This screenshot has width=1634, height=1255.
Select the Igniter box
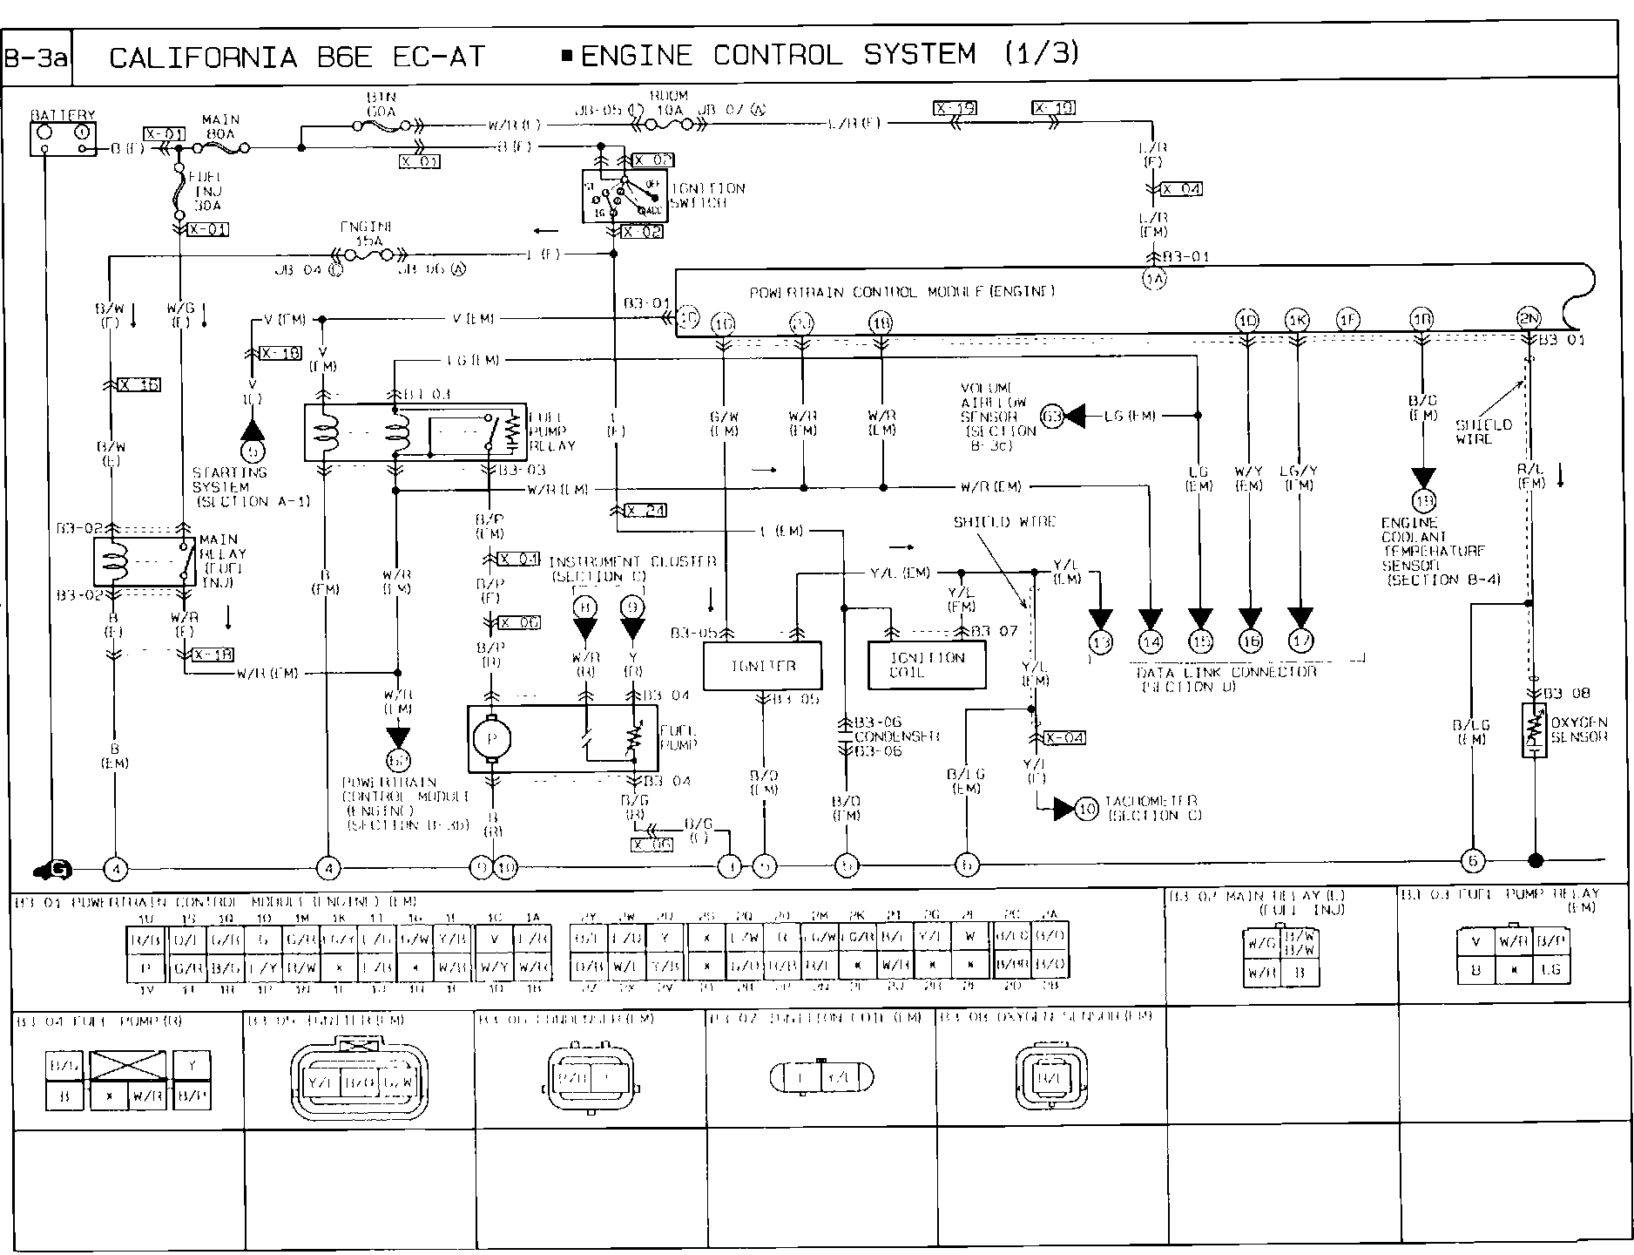click(x=762, y=666)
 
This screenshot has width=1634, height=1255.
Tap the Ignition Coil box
click(x=927, y=666)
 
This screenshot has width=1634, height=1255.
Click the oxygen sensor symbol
click(x=1533, y=729)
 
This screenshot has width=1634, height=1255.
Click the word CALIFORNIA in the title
click(x=203, y=58)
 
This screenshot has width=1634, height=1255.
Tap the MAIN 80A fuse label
click(x=220, y=126)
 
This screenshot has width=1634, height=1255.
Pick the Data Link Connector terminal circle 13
click(x=1100, y=642)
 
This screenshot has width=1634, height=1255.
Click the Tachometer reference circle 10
click(x=1086, y=809)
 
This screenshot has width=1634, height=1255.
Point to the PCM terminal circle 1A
click(x=1154, y=279)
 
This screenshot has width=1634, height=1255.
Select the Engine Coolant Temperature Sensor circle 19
click(x=1424, y=501)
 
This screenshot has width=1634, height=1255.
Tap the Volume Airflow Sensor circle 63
click(x=1052, y=417)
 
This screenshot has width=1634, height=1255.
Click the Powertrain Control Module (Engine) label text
click(x=901, y=291)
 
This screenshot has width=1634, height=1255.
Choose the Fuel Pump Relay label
click(x=551, y=431)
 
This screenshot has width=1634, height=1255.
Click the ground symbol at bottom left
click(x=54, y=868)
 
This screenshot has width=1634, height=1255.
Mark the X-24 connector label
click(x=645, y=511)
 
